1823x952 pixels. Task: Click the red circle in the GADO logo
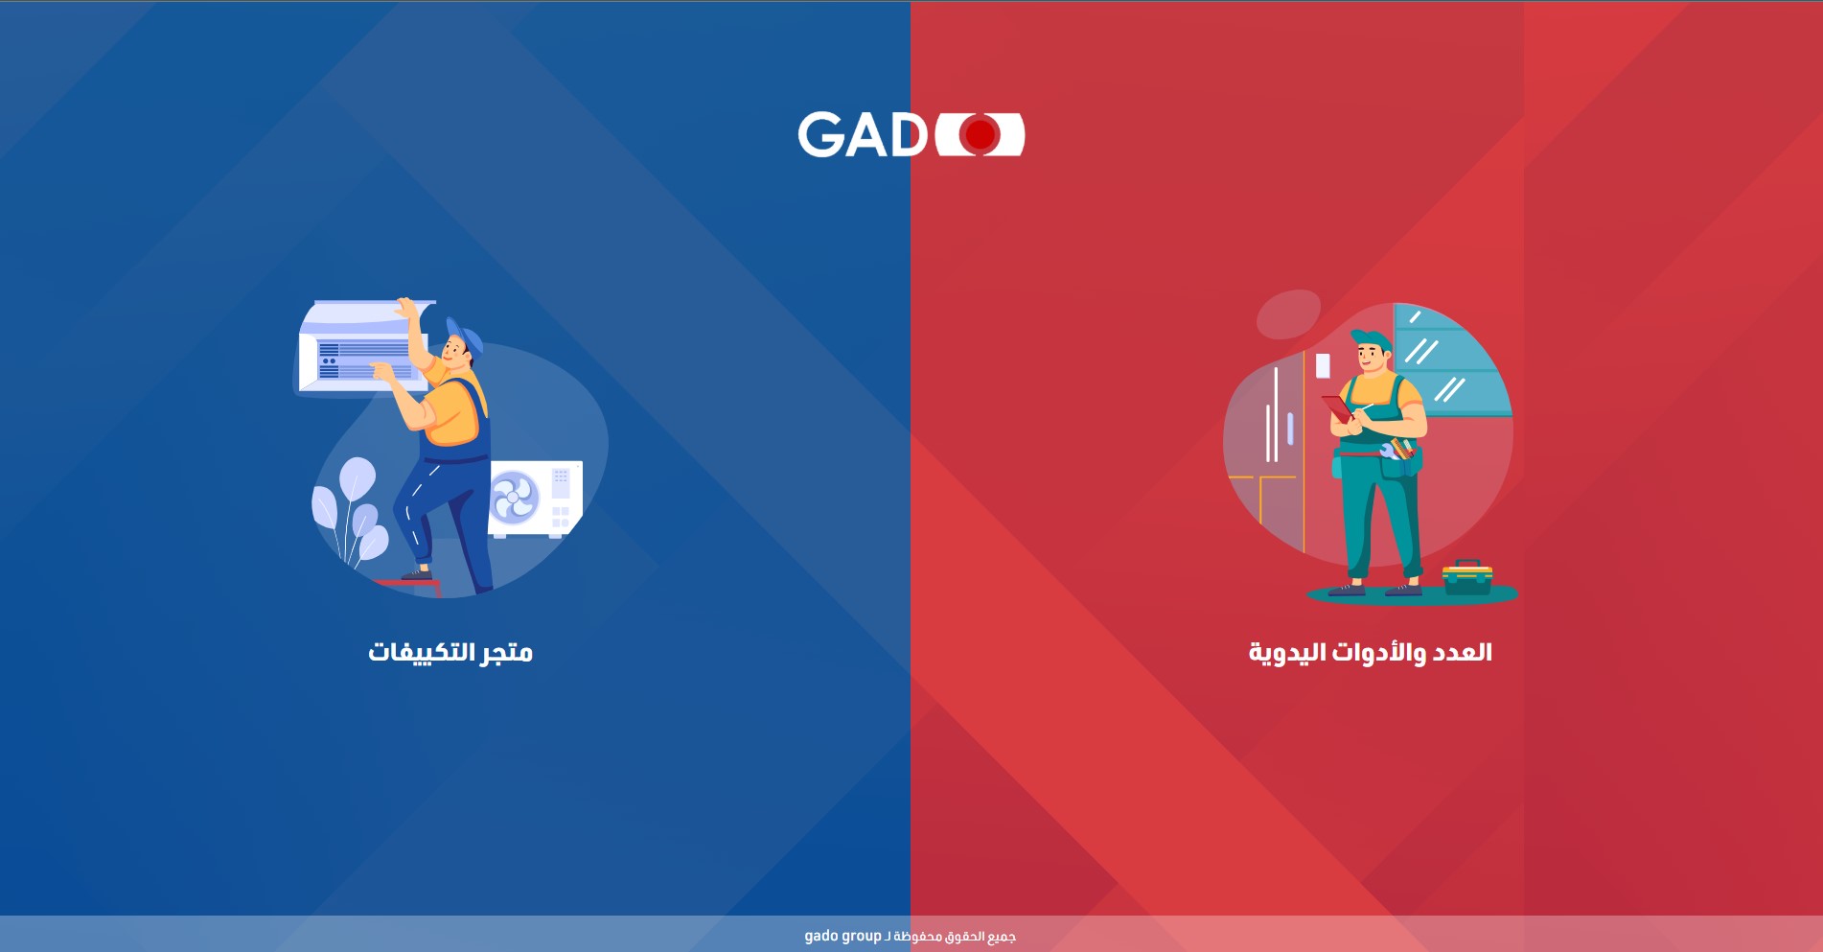[980, 134]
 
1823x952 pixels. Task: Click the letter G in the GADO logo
[819, 134]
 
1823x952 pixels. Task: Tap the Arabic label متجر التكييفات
[450, 653]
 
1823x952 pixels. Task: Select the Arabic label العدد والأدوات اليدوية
[1370, 653]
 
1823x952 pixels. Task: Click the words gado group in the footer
[842, 936]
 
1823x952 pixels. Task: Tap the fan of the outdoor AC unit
[515, 497]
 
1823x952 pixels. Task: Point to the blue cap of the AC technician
[465, 334]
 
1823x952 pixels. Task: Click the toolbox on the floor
[1467, 578]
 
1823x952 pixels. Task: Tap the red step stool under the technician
[407, 585]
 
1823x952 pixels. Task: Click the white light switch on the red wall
[1323, 365]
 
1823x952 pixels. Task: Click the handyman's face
[1371, 359]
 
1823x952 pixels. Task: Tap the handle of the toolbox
[1467, 564]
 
